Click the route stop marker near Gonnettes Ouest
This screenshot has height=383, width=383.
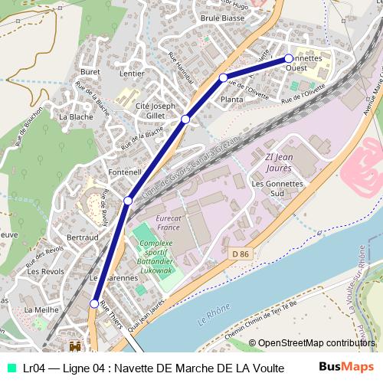tap(289, 58)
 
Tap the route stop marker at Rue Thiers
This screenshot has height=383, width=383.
tap(96, 303)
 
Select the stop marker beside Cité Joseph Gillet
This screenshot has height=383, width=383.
tap(185, 119)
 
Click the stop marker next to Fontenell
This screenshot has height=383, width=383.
tap(128, 201)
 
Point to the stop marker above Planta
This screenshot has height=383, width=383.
tap(223, 78)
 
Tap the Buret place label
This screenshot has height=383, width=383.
tap(90, 71)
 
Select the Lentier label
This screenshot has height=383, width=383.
tap(132, 74)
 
